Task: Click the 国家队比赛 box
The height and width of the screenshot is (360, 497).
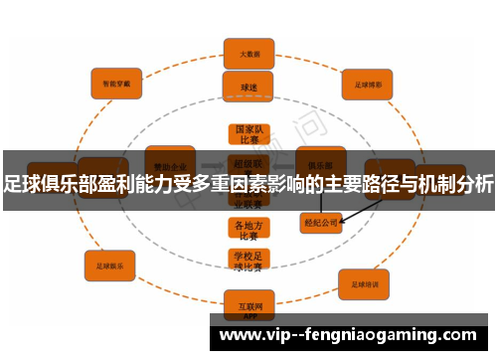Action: coord(247,135)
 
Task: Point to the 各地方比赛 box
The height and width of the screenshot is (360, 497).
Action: coord(247,231)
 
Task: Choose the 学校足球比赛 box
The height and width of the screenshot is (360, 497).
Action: coord(247,262)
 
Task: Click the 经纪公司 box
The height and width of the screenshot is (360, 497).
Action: coord(321,223)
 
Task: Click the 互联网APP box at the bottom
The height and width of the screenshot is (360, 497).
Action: coord(248,301)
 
